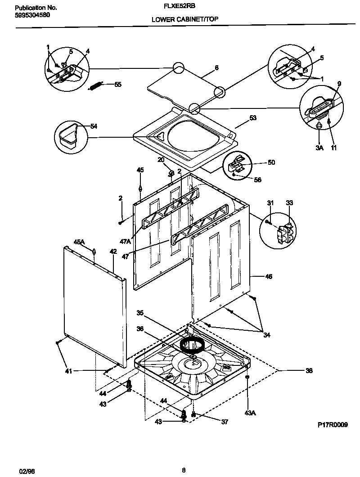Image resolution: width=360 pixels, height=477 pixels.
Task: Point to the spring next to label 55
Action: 96,85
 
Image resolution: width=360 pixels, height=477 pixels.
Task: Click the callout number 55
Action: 118,84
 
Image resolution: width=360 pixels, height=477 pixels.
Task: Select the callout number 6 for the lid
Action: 216,67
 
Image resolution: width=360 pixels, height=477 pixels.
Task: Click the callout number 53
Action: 252,118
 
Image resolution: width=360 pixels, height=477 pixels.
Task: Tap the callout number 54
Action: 94,126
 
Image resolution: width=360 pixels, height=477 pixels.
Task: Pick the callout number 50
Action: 271,162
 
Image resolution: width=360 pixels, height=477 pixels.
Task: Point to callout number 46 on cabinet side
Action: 269,276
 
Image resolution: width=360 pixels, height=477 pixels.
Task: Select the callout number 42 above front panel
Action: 113,251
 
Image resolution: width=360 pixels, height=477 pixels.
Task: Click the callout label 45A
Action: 79,242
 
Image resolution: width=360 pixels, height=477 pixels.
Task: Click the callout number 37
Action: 225,422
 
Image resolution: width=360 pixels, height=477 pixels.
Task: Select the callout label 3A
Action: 319,148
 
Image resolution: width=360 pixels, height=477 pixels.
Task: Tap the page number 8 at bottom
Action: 183,470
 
